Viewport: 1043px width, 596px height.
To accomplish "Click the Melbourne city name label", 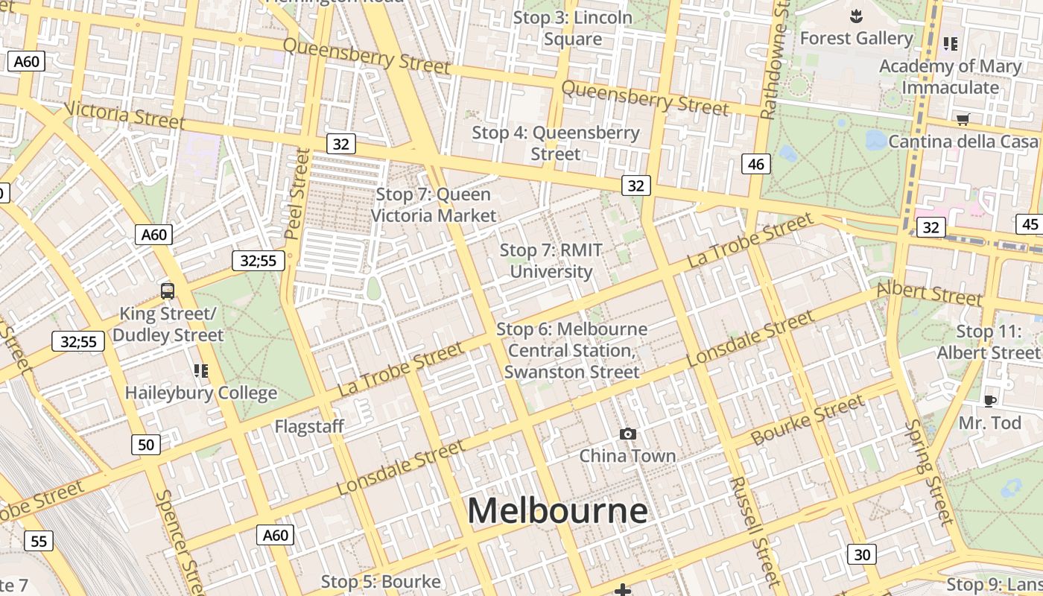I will [557, 511].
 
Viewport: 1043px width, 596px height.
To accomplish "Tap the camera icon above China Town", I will [627, 434].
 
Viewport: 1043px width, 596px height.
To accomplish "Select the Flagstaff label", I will [309, 426].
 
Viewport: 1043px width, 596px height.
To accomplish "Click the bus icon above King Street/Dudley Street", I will [168, 291].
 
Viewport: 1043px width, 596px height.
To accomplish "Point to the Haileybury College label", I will [201, 393].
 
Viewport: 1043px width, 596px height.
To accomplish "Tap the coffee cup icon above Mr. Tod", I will [989, 402].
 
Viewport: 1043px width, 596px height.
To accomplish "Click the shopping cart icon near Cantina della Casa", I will [963, 119].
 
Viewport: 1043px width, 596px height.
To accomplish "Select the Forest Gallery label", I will [856, 38].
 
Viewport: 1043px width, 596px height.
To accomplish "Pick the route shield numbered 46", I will [756, 164].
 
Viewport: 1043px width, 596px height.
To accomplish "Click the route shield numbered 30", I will [862, 554].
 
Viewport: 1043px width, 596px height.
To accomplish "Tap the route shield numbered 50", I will [146, 445].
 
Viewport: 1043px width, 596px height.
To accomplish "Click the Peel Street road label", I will [297, 194].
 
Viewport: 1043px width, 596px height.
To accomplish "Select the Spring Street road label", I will [930, 471].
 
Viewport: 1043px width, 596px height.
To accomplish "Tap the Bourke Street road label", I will [808, 420].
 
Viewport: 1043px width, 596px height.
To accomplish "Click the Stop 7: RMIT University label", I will [551, 261].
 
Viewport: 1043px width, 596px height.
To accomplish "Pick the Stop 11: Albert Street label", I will [988, 342].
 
